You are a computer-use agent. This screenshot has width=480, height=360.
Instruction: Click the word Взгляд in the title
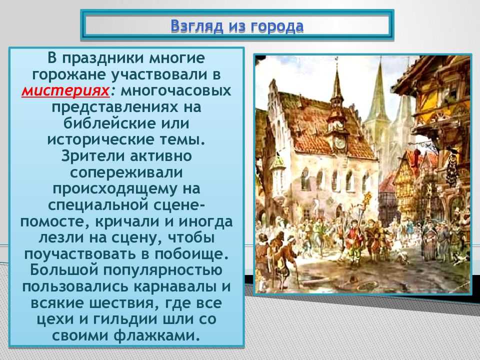point(197,26)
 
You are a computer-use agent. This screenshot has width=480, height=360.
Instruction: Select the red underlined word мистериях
point(65,91)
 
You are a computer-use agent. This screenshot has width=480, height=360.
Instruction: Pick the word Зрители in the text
point(93,156)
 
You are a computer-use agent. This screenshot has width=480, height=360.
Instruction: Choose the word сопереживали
point(126,172)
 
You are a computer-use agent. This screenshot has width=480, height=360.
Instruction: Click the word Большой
point(64,270)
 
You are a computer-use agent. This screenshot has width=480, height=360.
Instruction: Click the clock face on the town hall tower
point(340,142)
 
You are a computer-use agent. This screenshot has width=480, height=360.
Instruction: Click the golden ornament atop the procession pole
point(367,197)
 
